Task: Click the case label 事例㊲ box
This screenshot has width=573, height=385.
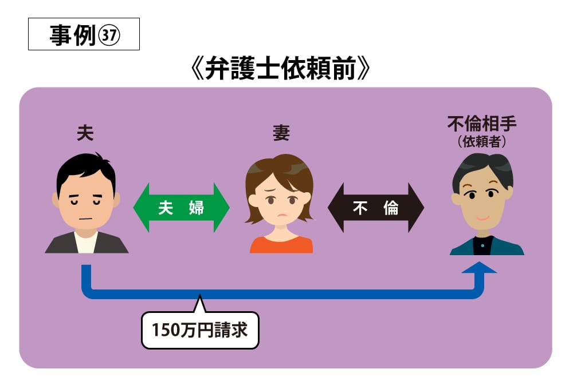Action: pyautogui.click(x=84, y=34)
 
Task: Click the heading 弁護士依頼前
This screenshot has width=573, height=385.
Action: pyautogui.click(x=281, y=69)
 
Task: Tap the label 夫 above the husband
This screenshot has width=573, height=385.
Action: pyautogui.click(x=85, y=133)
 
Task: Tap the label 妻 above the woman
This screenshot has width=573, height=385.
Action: pyautogui.click(x=281, y=133)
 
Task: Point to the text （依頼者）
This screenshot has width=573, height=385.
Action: pyautogui.click(x=482, y=142)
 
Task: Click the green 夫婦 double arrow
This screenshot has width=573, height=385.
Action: pyautogui.click(x=181, y=208)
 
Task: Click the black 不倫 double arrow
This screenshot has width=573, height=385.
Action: pyautogui.click(x=376, y=208)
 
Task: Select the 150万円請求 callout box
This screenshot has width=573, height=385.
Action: pyautogui.click(x=200, y=330)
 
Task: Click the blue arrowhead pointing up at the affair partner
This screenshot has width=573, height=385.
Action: pyautogui.click(x=479, y=268)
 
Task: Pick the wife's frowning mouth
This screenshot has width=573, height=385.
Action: pyautogui.click(x=281, y=215)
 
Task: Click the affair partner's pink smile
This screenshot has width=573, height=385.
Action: pyautogui.click(x=482, y=218)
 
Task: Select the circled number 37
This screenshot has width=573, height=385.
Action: pyautogui.click(x=109, y=35)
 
